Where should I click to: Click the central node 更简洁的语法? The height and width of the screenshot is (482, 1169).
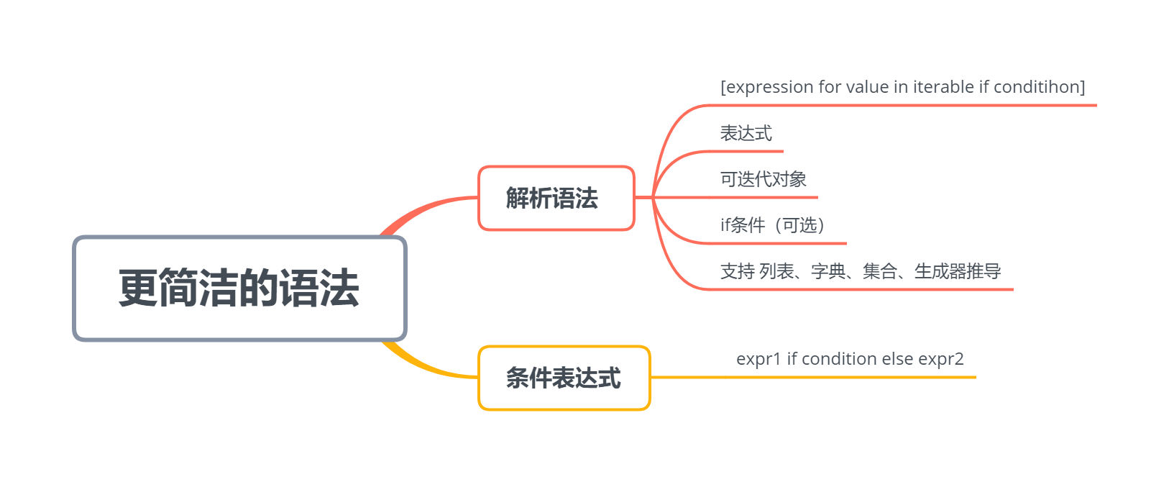[x=239, y=288]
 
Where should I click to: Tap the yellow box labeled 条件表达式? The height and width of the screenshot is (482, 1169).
[x=564, y=378]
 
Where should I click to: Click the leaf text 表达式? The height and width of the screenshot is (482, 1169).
[x=746, y=133]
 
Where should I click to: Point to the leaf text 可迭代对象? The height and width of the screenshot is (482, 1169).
[x=763, y=179]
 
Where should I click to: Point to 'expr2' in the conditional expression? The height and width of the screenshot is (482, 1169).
[x=940, y=359]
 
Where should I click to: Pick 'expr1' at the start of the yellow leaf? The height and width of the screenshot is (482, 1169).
[x=758, y=359]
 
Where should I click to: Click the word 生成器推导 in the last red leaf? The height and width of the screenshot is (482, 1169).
[x=958, y=271]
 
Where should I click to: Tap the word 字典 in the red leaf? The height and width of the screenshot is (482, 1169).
[x=828, y=271]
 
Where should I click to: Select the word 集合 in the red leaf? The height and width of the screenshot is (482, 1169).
[x=880, y=271]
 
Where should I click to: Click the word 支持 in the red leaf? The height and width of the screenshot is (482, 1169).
[x=738, y=271]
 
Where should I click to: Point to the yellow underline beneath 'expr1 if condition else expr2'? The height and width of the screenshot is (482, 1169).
[x=812, y=377]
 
